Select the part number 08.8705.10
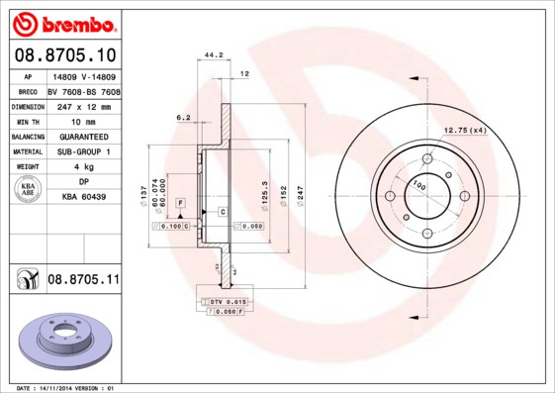[x=65, y=54]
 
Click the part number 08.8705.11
[x=83, y=281]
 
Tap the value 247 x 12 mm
[x=82, y=105]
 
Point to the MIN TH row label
[x=28, y=121]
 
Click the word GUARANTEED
[x=83, y=136]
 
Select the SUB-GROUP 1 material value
[x=83, y=151]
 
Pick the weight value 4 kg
[x=83, y=167]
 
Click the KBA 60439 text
[x=83, y=197]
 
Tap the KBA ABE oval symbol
[x=28, y=190]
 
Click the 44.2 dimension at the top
[x=212, y=56]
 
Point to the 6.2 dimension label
[x=183, y=117]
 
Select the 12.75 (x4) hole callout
[x=465, y=131]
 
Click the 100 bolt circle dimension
[x=418, y=186]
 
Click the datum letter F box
[x=181, y=203]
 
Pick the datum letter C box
[x=223, y=213]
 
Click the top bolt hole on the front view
[x=427, y=158]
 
